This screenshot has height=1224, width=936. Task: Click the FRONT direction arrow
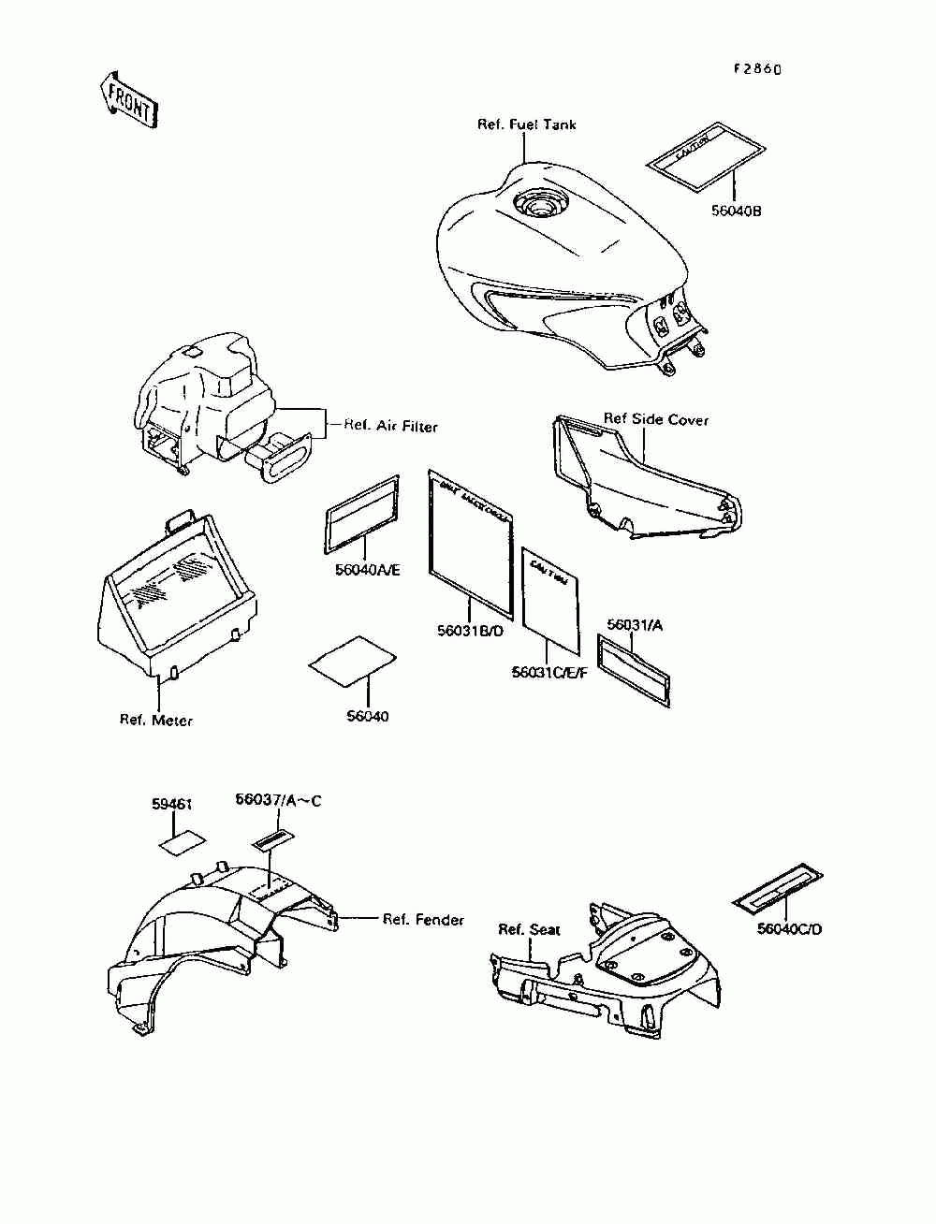tap(127, 98)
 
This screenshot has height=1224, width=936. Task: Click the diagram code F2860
tap(756, 69)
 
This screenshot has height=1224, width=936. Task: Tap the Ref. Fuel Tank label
tap(527, 124)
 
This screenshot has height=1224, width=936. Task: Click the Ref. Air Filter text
tap(390, 426)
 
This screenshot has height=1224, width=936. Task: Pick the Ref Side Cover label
tap(655, 419)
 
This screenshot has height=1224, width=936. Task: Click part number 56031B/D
tap(471, 632)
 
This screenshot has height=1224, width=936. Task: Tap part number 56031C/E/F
tap(549, 672)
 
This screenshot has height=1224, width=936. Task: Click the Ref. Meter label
tap(156, 720)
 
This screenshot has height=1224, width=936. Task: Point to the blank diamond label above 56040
tap(351, 655)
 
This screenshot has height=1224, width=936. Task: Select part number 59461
tap(172, 804)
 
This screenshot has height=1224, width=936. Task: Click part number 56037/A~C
tap(278, 800)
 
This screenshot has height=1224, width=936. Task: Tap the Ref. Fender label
tap(423, 920)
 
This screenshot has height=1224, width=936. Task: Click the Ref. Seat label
tap(529, 929)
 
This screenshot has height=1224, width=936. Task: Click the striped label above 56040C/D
tap(777, 887)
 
